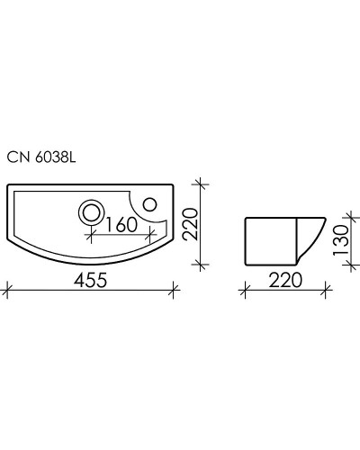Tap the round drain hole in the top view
(x=92, y=211)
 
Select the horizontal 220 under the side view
(x=283, y=279)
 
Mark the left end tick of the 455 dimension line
(x=7, y=290)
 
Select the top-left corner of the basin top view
(x=9, y=186)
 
